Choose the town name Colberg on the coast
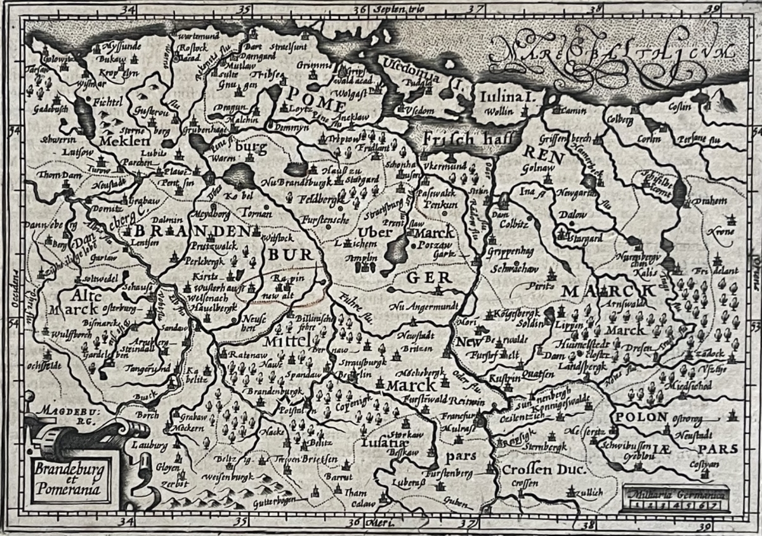[620, 118]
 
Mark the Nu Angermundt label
[424, 307]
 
